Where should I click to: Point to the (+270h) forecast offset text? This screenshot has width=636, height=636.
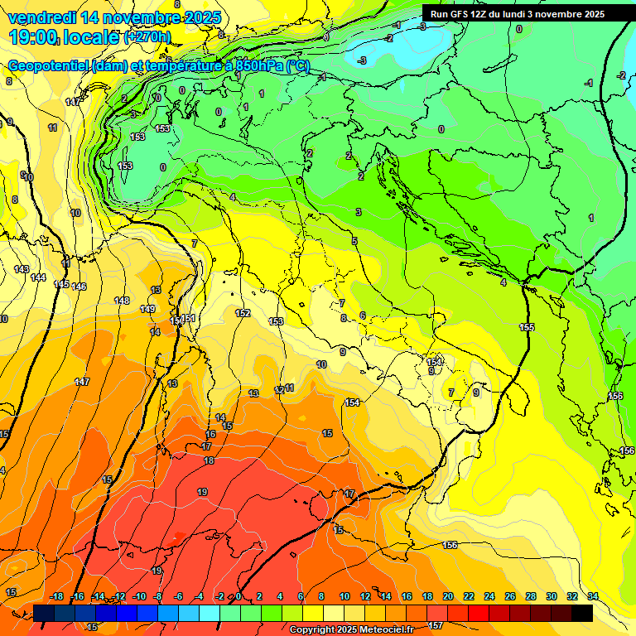click(147, 36)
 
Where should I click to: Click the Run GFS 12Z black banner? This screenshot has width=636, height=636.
click(517, 14)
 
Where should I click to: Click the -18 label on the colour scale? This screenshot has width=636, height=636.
click(56, 596)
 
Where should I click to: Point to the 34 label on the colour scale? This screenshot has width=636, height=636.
click(593, 596)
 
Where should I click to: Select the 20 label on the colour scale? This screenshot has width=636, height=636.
click(448, 596)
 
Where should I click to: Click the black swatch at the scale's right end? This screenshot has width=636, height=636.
click(582, 613)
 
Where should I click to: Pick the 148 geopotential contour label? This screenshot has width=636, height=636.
click(122, 301)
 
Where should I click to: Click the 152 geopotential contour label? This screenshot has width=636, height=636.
click(243, 313)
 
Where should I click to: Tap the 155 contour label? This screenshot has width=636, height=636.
click(527, 327)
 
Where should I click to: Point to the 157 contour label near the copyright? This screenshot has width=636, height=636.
click(436, 626)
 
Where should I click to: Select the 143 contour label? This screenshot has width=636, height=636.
click(22, 269)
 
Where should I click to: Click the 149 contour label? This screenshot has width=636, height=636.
click(147, 309)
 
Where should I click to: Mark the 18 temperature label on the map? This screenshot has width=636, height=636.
click(209, 460)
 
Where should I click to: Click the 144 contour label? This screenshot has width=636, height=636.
click(38, 277)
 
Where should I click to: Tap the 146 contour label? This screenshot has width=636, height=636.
click(79, 287)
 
